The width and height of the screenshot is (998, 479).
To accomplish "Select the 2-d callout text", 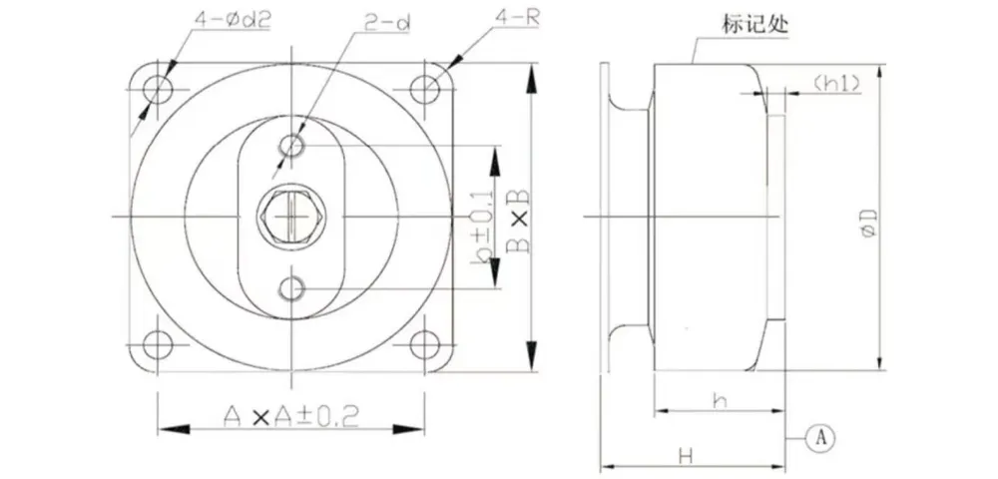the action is coord(387,23).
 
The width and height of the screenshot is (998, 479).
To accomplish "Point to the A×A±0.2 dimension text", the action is coord(290,417).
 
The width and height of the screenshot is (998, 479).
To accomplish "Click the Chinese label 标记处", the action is coord(754,25).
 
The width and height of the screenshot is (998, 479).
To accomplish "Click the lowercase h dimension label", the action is coord(720,401).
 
